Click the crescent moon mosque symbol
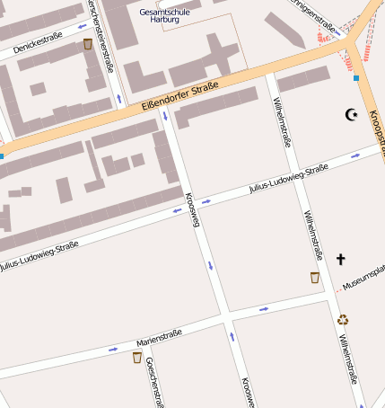(351, 115)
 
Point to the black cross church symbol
(340, 260)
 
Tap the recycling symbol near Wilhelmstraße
(343, 318)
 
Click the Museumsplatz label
(363, 283)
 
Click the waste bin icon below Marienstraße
(137, 357)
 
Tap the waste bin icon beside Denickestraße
(87, 44)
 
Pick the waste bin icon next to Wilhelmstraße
(314, 278)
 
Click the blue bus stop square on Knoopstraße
(356, 78)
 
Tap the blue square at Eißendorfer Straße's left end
(2, 156)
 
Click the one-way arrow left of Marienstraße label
(112, 349)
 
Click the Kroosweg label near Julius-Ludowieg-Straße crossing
(190, 209)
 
